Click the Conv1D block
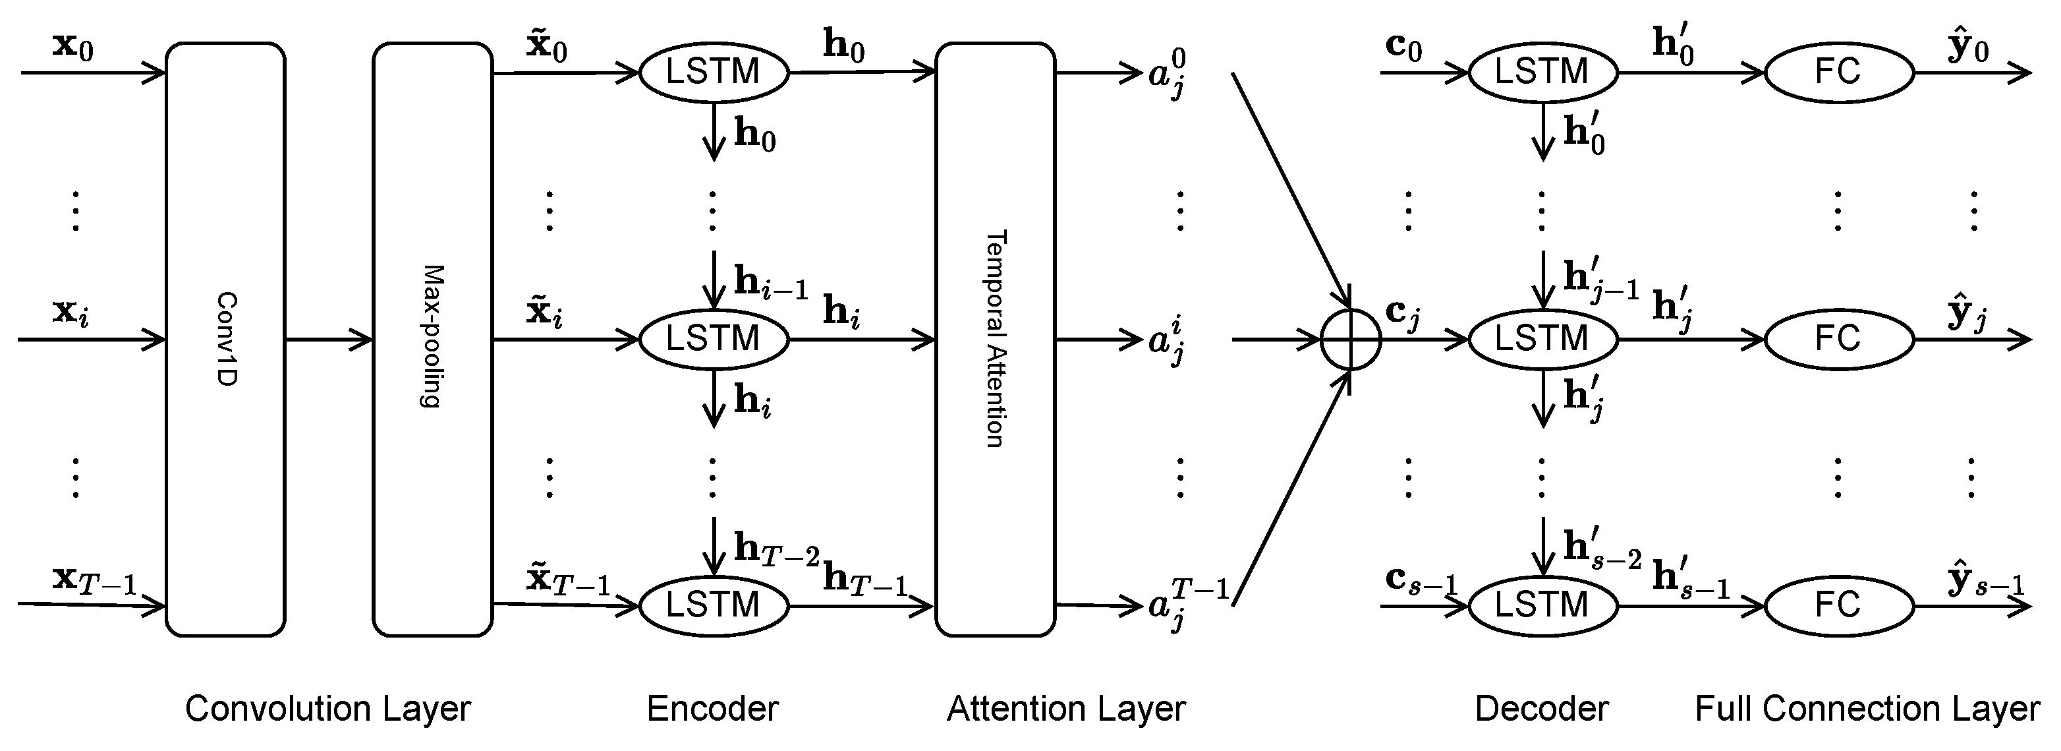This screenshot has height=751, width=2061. pyautogui.click(x=225, y=340)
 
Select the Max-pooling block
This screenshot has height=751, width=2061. pyautogui.click(x=433, y=340)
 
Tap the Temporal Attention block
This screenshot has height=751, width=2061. pyautogui.click(x=996, y=340)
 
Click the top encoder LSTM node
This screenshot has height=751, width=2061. pyautogui.click(x=714, y=72)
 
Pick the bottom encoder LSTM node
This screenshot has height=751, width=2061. pyautogui.click(x=714, y=605)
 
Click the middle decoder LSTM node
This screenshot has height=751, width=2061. pyautogui.click(x=1542, y=340)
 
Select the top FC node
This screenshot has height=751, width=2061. pyautogui.click(x=1838, y=72)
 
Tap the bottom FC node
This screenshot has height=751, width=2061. pyautogui.click(x=1838, y=605)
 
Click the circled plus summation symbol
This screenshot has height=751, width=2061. pyautogui.click(x=1351, y=340)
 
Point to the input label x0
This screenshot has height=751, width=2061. pyautogui.click(x=72, y=46)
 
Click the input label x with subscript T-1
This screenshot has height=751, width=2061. pyautogui.click(x=94, y=580)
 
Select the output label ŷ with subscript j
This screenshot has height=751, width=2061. pyautogui.click(x=1967, y=314)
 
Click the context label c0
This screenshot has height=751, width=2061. pyautogui.click(x=1403, y=46)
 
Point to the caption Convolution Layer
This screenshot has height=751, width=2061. pyautogui.click(x=328, y=709)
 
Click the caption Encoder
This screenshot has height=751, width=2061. pyautogui.click(x=712, y=709)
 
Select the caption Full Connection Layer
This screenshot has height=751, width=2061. pyautogui.click(x=1867, y=709)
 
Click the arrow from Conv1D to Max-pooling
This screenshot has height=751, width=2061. pyautogui.click(x=329, y=340)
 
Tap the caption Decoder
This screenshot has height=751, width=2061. pyautogui.click(x=1542, y=709)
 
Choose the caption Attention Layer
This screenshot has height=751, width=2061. pyautogui.click(x=1065, y=709)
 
